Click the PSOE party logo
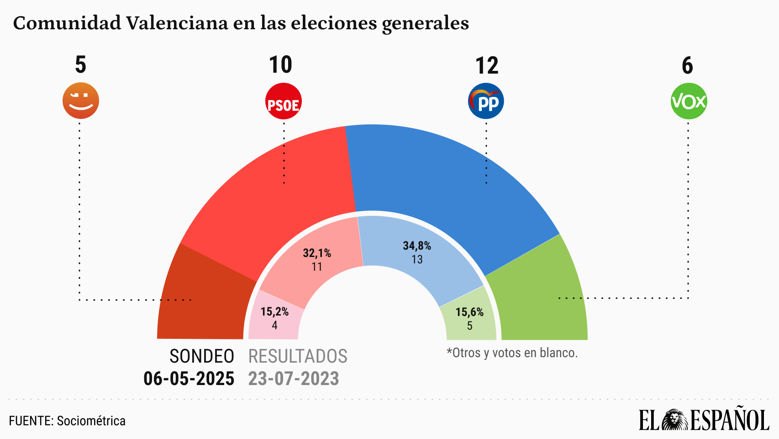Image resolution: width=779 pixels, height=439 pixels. pos(283,101)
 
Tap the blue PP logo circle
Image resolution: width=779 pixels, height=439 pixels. pos(486,101)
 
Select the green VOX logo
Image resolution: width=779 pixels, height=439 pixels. pos(689,101)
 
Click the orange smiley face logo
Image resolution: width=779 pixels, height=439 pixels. pos(81,101)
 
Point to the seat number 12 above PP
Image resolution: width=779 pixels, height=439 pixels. pos(487,65)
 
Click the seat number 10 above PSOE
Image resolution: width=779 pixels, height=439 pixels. pos(280,65)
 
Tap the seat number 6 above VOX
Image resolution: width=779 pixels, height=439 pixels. pos(687,65)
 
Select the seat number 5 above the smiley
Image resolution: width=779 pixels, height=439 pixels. pos(80,65)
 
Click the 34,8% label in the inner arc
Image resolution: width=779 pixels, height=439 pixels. pos(417,246)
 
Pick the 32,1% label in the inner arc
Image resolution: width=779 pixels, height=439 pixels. pos(317,253)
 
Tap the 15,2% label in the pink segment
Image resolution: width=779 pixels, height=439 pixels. pos(274,312)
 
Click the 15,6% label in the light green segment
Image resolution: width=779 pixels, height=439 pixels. pos(469,312)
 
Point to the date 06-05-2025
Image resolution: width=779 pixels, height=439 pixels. pos(189,379)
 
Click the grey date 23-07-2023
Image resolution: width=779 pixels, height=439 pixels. pos(294,379)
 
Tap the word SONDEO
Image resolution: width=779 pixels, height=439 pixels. pos(202,356)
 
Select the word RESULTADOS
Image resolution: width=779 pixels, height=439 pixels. pos(298,356)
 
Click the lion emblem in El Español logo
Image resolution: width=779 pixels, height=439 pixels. pos(674,420)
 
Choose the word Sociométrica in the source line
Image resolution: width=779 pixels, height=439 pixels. pos(91,421)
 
